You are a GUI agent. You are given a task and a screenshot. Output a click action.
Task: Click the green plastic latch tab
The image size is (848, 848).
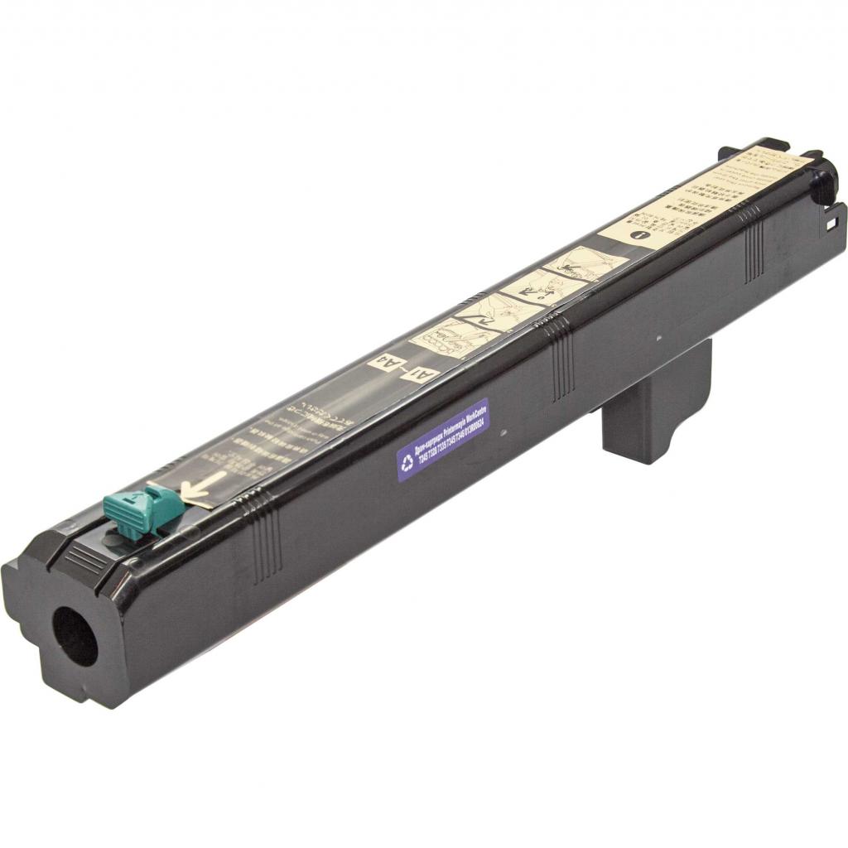click(x=141, y=509)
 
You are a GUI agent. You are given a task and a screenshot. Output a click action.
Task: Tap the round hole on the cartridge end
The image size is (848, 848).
click(x=75, y=635)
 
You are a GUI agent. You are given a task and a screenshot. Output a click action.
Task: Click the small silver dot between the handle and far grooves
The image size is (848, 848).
click(x=658, y=338)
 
